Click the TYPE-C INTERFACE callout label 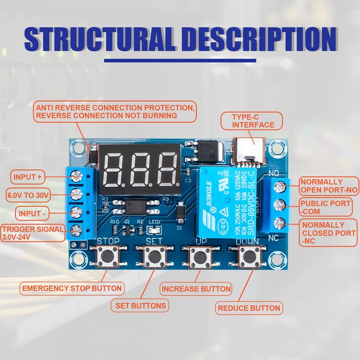253,121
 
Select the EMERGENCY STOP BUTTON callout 72,288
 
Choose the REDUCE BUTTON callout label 249,308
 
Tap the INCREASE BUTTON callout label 196,289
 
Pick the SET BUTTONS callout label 141,306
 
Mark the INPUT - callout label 31,213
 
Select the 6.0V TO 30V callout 28,195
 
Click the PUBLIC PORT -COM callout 326,207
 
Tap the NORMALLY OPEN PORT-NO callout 329,186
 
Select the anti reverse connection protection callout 115,112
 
